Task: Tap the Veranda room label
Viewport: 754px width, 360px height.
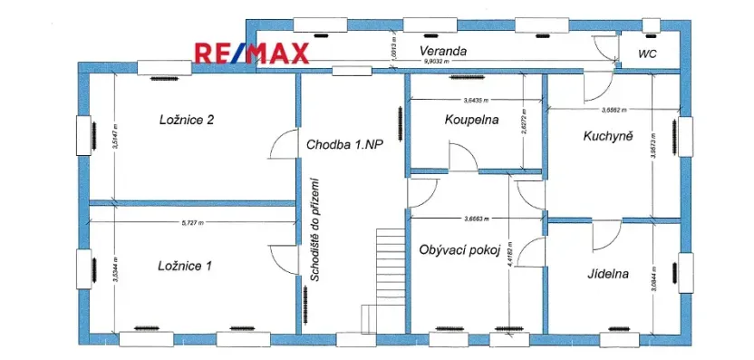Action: point(442,52)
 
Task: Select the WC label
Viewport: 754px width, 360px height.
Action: point(646,54)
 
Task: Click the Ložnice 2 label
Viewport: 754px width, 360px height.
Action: point(186,119)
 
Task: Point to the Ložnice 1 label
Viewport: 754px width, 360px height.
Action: point(184,266)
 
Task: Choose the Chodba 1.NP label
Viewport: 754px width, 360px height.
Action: point(344,144)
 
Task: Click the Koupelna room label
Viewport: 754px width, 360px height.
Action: point(471,120)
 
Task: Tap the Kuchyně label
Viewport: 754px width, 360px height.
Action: point(606,136)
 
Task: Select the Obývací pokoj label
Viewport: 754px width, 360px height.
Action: point(459,249)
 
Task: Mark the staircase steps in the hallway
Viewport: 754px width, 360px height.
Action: point(390,259)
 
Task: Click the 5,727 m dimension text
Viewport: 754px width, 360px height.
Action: point(192,222)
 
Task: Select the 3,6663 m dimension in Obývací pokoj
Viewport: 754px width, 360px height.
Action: point(476,219)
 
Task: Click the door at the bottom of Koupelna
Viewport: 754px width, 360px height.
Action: point(462,160)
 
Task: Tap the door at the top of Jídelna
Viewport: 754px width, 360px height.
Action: point(604,236)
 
